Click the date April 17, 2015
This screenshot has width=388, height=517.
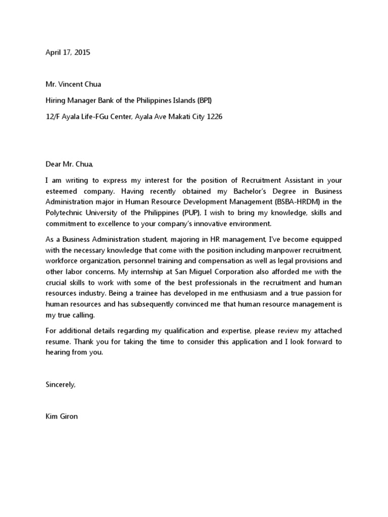68,52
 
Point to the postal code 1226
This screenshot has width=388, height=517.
213,117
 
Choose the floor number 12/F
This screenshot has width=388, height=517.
53,117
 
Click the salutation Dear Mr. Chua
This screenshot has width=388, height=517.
70,164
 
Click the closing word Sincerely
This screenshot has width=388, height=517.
60,385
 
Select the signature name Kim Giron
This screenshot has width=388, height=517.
62,417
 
